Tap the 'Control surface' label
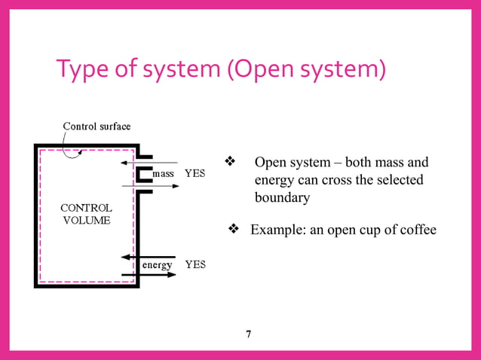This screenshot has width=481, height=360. [97, 126]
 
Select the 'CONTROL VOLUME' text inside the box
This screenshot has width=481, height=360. [86, 214]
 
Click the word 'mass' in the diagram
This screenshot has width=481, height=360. [164, 173]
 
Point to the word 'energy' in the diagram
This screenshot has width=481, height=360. [157, 265]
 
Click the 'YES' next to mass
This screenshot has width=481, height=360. [195, 173]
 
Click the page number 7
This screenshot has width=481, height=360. [248, 334]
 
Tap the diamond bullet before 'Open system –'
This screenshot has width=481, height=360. [231, 162]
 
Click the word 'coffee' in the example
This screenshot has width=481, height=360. [416, 230]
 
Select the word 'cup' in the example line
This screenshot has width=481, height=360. [363, 230]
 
